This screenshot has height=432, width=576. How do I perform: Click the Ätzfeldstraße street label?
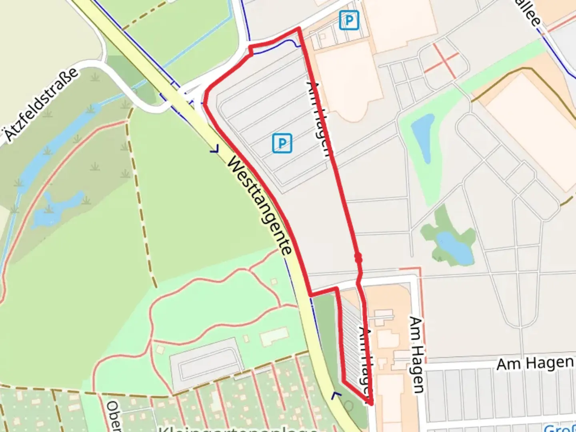tap(42, 104)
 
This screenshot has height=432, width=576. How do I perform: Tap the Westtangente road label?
tap(259, 206)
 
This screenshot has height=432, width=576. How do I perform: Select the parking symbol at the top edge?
tap(349, 20)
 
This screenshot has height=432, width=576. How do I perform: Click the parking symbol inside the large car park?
tap(282, 143)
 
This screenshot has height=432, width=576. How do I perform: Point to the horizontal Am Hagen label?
tap(535, 363)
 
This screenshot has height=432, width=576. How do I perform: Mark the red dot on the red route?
tap(358, 258)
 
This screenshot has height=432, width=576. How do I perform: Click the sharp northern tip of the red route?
tap(298, 28)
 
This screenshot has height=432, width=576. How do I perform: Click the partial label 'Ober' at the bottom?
tap(114, 416)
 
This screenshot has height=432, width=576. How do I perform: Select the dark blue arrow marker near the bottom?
tap(336, 395)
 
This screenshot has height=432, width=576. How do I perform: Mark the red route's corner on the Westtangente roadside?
tap(310, 295)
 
